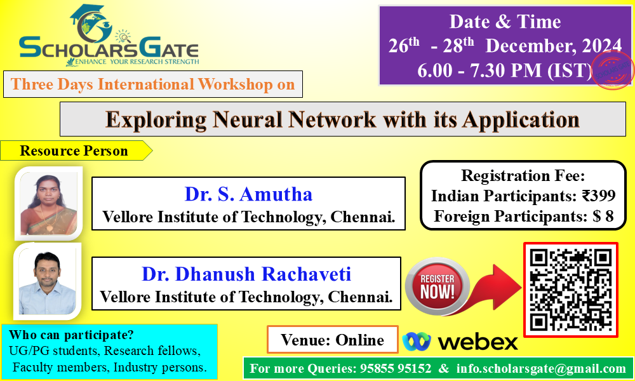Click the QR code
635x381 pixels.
point(571,290)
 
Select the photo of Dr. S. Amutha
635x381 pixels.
point(49,203)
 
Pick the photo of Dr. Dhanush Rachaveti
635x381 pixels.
point(48,282)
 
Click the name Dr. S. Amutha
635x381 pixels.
point(248,194)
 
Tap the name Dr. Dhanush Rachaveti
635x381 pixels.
point(246,274)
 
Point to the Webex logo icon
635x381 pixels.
point(417,342)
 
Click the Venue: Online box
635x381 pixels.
point(333,339)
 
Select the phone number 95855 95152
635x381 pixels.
point(396,368)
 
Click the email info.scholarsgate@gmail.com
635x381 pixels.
point(541,368)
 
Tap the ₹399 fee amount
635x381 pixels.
point(599,196)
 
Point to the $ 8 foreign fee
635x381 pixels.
point(603,216)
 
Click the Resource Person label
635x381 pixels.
point(74,150)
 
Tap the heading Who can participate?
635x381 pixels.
point(71,335)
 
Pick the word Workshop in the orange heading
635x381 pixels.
point(236,84)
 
